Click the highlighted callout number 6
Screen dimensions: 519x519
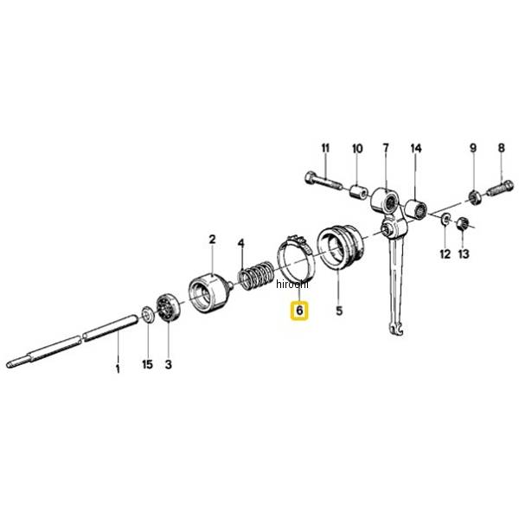tap(299, 311)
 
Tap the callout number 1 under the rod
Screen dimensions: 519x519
tap(118, 368)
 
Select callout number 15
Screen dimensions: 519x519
tap(148, 364)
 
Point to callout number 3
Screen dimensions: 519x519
tap(169, 364)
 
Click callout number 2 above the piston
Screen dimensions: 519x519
tap(212, 240)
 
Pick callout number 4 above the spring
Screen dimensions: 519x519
tap(241, 244)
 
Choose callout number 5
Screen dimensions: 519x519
tap(339, 311)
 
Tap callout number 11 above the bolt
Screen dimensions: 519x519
tap(326, 148)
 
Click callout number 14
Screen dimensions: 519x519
tap(416, 148)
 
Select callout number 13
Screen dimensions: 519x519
tap(464, 253)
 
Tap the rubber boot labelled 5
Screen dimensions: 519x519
tap(341, 247)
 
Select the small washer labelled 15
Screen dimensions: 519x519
tap(148, 315)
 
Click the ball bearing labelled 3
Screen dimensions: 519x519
tap(168, 307)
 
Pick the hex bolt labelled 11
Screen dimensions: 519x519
tap(323, 181)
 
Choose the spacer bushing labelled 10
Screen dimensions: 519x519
tap(359, 192)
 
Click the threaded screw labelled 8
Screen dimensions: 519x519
tap(501, 189)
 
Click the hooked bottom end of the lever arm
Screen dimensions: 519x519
tap(396, 329)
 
